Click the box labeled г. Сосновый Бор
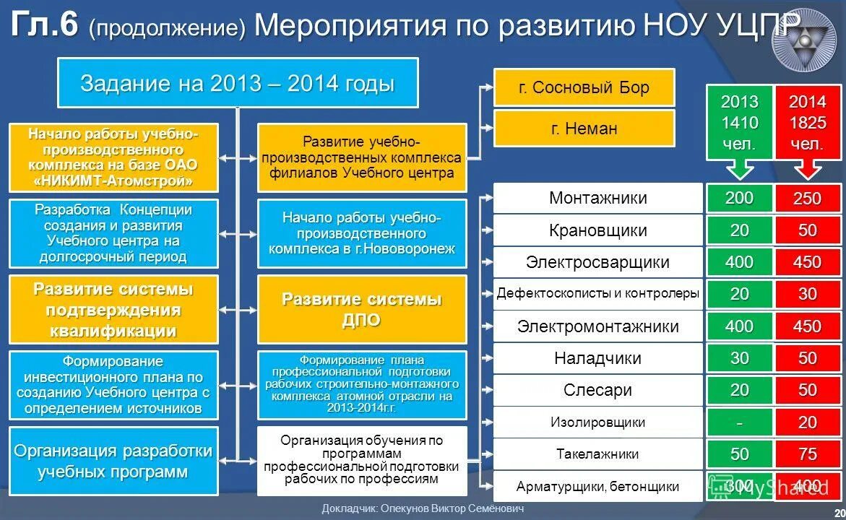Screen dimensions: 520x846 (584, 87)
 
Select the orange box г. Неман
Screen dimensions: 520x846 (584, 129)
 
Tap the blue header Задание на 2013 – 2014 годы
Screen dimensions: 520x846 (238, 83)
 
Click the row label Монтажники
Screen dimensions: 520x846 (597, 198)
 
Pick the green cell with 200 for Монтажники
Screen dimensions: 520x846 (739, 198)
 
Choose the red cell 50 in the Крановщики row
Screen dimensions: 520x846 (807, 230)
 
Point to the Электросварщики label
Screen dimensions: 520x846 (597, 262)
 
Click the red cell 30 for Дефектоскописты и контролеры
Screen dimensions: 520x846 (807, 294)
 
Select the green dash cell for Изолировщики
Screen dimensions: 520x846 (739, 422)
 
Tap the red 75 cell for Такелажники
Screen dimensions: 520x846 (807, 454)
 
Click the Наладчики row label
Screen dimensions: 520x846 (597, 358)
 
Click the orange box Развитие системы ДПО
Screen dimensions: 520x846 (361, 309)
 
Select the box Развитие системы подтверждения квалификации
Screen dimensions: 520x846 (113, 309)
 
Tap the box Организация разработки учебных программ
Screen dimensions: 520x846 (113, 461)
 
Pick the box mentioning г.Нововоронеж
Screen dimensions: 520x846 (361, 233)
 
